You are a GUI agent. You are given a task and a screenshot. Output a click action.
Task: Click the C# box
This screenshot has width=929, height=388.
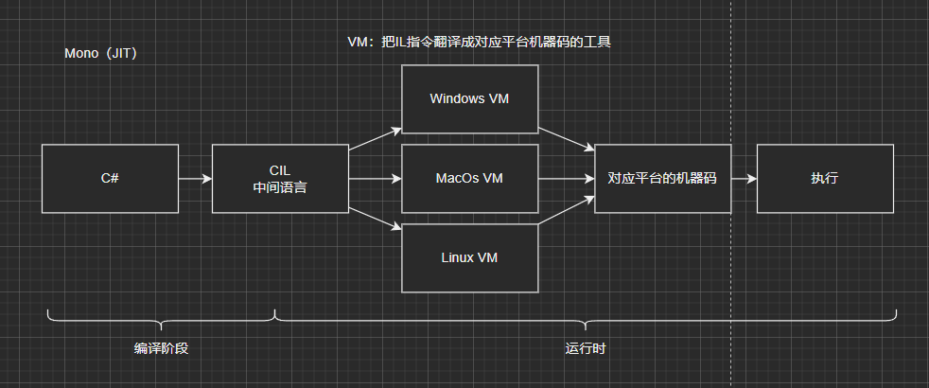pos(110,179)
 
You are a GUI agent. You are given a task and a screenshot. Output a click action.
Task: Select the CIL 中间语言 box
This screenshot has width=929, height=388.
pos(280,179)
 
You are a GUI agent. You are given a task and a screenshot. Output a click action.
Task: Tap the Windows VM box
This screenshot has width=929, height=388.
pos(469,98)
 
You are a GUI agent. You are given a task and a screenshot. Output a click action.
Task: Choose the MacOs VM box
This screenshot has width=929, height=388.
pos(469,179)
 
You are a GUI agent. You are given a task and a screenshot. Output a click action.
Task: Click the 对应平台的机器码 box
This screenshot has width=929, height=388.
pos(662,179)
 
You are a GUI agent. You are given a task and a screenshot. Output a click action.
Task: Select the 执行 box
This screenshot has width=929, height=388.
pos(824,179)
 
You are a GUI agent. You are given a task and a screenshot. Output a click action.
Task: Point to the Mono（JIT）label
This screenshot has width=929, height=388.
pos(101,54)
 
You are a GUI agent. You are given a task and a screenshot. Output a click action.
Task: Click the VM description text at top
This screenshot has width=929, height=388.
pos(479,42)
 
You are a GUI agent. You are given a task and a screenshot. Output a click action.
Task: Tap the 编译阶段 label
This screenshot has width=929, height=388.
pos(161,348)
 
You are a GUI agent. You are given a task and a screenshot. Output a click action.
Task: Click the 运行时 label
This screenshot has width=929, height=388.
pos(585,348)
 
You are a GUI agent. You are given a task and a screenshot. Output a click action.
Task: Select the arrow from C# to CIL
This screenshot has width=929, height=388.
pos(195,179)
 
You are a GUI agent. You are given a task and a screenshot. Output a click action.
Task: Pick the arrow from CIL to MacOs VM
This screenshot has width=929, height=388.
pos(375,179)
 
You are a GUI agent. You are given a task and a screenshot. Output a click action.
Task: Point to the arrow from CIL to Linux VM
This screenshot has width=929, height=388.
pos(375,219)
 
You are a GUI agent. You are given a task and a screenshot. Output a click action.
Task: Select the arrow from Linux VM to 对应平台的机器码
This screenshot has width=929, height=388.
pos(566,214)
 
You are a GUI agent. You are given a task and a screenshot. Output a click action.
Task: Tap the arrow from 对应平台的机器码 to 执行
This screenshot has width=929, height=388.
pos(744,179)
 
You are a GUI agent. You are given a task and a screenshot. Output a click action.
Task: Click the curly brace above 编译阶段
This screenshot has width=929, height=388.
pos(161,317)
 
